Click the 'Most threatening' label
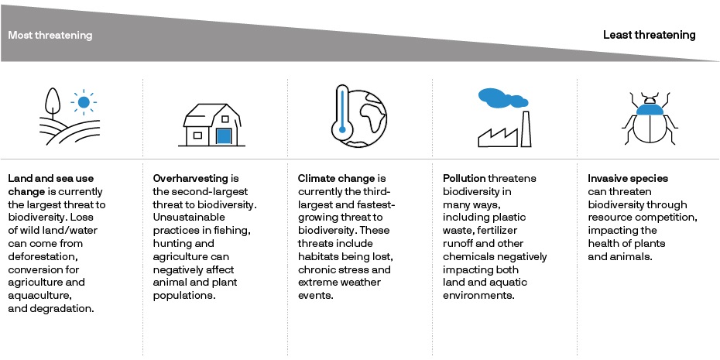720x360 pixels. (x=50, y=36)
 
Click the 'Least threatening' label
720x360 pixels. (x=650, y=35)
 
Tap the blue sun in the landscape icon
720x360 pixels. (x=84, y=102)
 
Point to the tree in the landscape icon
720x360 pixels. (x=53, y=103)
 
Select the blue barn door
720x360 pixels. (x=223, y=136)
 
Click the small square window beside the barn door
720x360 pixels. (x=197, y=135)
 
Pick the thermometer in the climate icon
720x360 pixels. (x=341, y=112)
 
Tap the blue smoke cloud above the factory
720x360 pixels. (x=502, y=98)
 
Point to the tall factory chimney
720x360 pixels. (x=526, y=129)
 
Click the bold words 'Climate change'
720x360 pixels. (x=336, y=178)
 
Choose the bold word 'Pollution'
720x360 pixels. (x=465, y=178)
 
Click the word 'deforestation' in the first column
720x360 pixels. (x=39, y=256)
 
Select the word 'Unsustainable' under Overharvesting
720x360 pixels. (x=189, y=218)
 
